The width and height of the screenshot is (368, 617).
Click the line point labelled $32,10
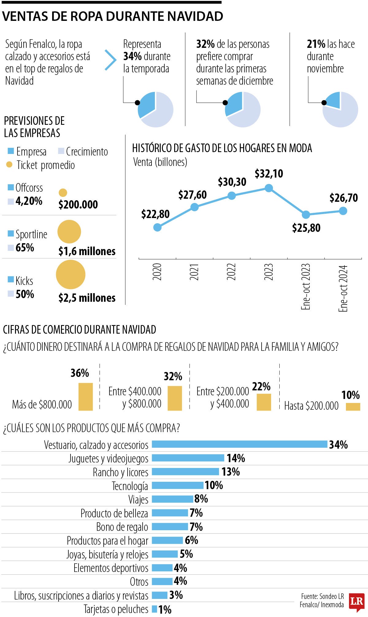tap(269, 188)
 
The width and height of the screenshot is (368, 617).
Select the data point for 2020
tap(157, 227)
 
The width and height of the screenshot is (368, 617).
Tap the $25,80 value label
tap(306, 228)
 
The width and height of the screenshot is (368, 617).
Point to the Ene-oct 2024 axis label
tap(343, 288)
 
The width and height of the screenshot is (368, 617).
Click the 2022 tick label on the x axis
tap(232, 272)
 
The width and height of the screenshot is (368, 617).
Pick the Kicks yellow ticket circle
tap(71, 274)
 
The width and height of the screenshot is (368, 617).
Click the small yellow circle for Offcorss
tap(63, 193)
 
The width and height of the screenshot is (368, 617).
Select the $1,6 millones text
tap(87, 251)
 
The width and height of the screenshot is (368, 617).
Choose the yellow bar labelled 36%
tap(86, 396)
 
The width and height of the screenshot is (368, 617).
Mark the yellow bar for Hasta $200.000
tap(353, 406)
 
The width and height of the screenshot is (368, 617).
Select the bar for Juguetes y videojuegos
tap(188, 458)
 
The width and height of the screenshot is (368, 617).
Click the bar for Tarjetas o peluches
tap(155, 609)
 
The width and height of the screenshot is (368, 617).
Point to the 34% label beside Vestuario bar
tap(338, 445)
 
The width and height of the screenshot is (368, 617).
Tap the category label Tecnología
tap(130, 486)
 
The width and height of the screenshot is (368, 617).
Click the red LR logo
tap(357, 602)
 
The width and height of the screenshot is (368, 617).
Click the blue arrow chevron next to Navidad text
tap(110, 60)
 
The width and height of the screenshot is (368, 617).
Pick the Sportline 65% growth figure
tap(25, 247)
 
